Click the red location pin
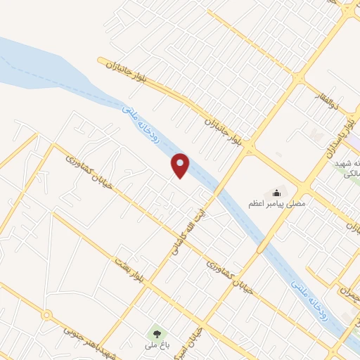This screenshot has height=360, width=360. pyautogui.click(x=181, y=165)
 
